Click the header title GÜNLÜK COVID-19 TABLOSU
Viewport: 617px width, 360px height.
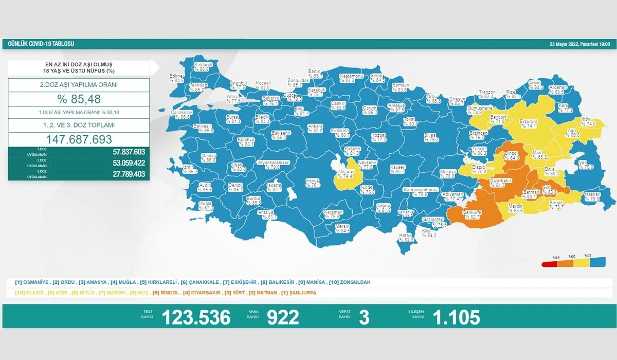click(x=41, y=44)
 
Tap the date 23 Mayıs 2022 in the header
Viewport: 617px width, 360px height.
click(x=579, y=45)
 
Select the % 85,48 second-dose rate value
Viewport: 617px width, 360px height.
click(x=79, y=99)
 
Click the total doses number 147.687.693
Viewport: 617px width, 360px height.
click(x=79, y=139)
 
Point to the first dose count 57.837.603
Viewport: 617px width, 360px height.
click(x=125, y=152)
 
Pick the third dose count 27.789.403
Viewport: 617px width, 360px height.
click(x=125, y=175)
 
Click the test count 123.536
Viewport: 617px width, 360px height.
click(x=196, y=317)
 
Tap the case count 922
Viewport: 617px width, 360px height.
click(x=283, y=317)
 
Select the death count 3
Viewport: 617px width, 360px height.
click(x=364, y=317)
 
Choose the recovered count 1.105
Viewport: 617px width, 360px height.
click(x=456, y=317)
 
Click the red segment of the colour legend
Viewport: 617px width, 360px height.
click(x=551, y=265)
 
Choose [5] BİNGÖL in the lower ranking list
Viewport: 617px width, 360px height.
click(x=166, y=293)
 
